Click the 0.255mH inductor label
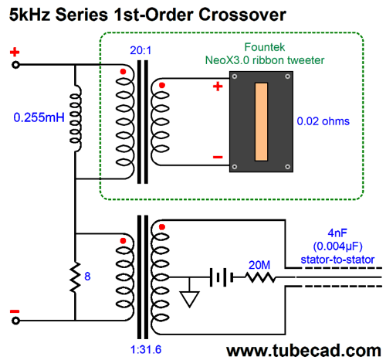pyautogui.click(x=39, y=117)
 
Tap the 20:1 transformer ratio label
pyautogui.click(x=141, y=50)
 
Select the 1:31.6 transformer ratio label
pyautogui.click(x=146, y=349)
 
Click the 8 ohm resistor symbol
pyautogui.click(x=75, y=277)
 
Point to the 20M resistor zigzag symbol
pyautogui.click(x=260, y=277)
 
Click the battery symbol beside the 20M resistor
pyautogui.click(x=222, y=277)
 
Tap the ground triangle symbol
pyautogui.click(x=190, y=299)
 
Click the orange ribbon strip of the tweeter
pyautogui.click(x=261, y=122)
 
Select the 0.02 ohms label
pyautogui.click(x=323, y=121)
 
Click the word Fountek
pyautogui.click(x=265, y=47)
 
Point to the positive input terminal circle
pyautogui.click(x=15, y=65)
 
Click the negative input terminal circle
pyautogui.click(x=15, y=321)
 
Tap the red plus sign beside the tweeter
pyautogui.click(x=218, y=87)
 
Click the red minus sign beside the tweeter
pyautogui.click(x=218, y=157)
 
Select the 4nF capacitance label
pyautogui.click(x=337, y=233)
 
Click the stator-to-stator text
pyautogui.click(x=337, y=260)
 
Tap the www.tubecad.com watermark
pyautogui.click(x=303, y=351)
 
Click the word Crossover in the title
pyautogui.click(x=242, y=15)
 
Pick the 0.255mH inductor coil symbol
pyautogui.click(x=76, y=118)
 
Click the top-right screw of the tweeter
pyautogui.click(x=288, y=76)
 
